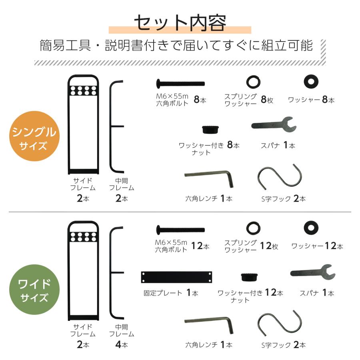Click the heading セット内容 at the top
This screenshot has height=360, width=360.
[x=180, y=23]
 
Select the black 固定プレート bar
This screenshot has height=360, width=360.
[x=176, y=276]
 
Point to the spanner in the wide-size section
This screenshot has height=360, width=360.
[x=312, y=273]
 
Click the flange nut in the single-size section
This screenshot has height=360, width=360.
[x=210, y=129]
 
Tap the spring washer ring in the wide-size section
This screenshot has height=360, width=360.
[x=253, y=228]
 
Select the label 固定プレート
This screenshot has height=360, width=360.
[x=163, y=293]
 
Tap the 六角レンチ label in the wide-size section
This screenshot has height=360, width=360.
[x=202, y=344]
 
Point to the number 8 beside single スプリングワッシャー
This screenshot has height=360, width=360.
[x=264, y=100]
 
